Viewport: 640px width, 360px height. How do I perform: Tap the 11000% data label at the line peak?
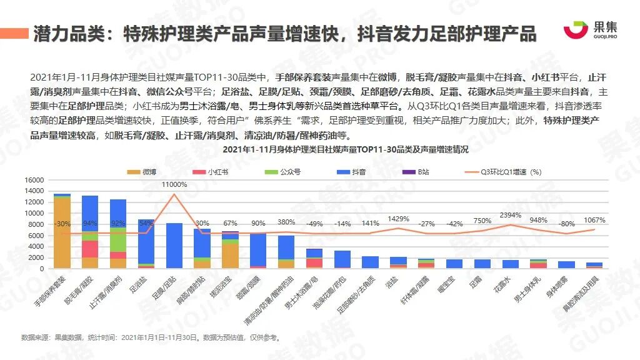(x=174, y=184)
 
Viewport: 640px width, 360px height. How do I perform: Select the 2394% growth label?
(x=511, y=216)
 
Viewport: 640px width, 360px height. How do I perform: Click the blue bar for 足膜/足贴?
(x=174, y=246)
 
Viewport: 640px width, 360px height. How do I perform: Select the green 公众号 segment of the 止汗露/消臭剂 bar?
(x=118, y=239)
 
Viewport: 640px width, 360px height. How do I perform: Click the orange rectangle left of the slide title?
(x=14, y=33)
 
